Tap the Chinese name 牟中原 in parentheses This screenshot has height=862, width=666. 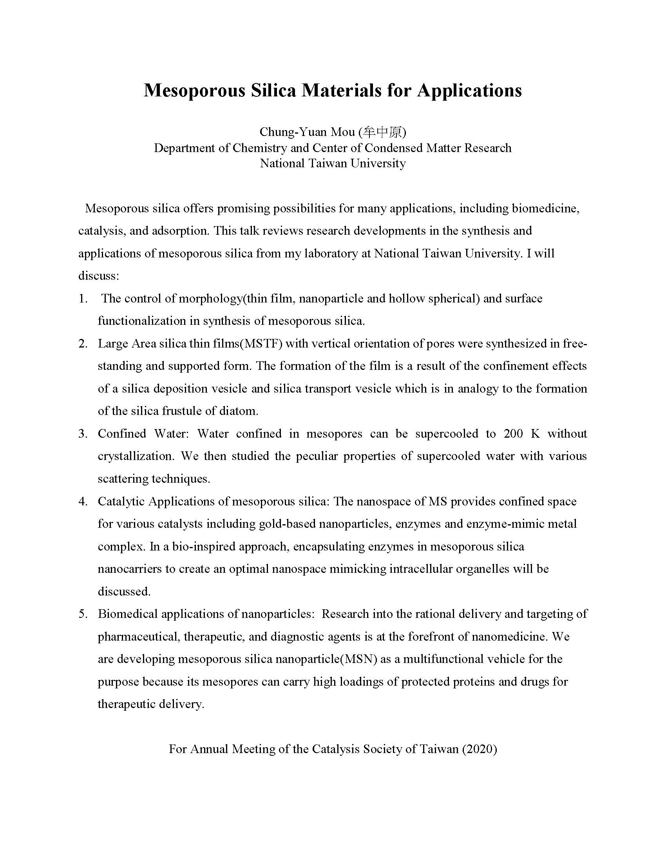click(x=382, y=132)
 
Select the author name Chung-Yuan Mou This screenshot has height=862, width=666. click(x=307, y=132)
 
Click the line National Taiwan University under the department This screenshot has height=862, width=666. click(x=333, y=163)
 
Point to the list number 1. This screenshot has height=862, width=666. click(x=83, y=299)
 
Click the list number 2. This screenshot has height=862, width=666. click(x=83, y=343)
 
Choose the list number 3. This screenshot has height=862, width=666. click(x=83, y=433)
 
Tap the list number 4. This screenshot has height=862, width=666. click(x=83, y=501)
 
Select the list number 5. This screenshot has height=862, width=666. click(x=83, y=614)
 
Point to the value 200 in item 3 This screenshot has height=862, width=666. click(x=513, y=433)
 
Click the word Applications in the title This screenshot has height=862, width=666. click(x=469, y=91)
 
